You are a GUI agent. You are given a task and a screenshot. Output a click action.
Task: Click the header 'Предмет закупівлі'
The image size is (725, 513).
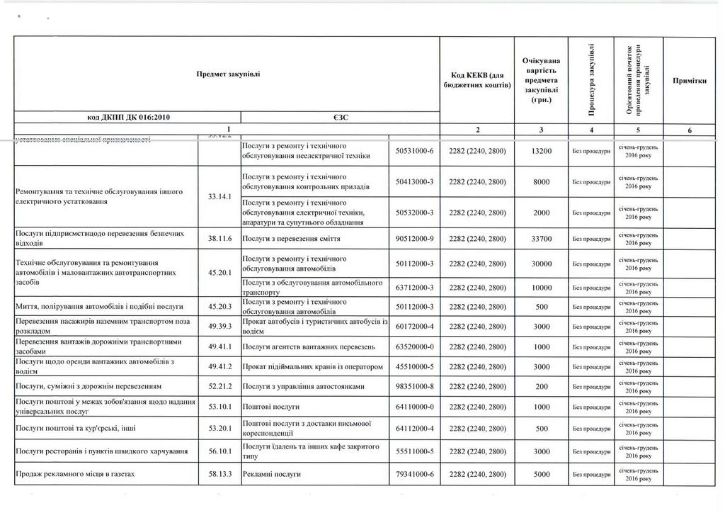tap(228, 74)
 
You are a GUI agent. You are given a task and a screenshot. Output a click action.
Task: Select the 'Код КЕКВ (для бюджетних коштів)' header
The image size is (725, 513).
tap(476, 80)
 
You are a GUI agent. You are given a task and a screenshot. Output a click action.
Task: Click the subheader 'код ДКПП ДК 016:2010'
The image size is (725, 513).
tap(128, 118)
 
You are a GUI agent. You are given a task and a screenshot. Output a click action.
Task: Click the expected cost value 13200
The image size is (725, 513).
tap(541, 151)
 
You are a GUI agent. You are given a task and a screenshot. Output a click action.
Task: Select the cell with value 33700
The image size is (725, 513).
tap(541, 239)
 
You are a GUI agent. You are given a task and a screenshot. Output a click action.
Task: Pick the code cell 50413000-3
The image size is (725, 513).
tap(414, 182)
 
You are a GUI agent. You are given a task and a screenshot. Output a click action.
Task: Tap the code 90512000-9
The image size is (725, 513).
tap(414, 239)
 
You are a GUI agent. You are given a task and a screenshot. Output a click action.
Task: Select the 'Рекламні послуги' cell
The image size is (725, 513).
tap(273, 473)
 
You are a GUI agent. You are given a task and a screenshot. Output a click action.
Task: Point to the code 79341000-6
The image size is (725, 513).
tap(414, 473)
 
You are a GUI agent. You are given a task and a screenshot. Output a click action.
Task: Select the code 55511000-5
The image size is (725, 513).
tap(414, 451)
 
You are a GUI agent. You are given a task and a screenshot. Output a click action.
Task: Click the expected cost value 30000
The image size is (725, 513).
tap(541, 264)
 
